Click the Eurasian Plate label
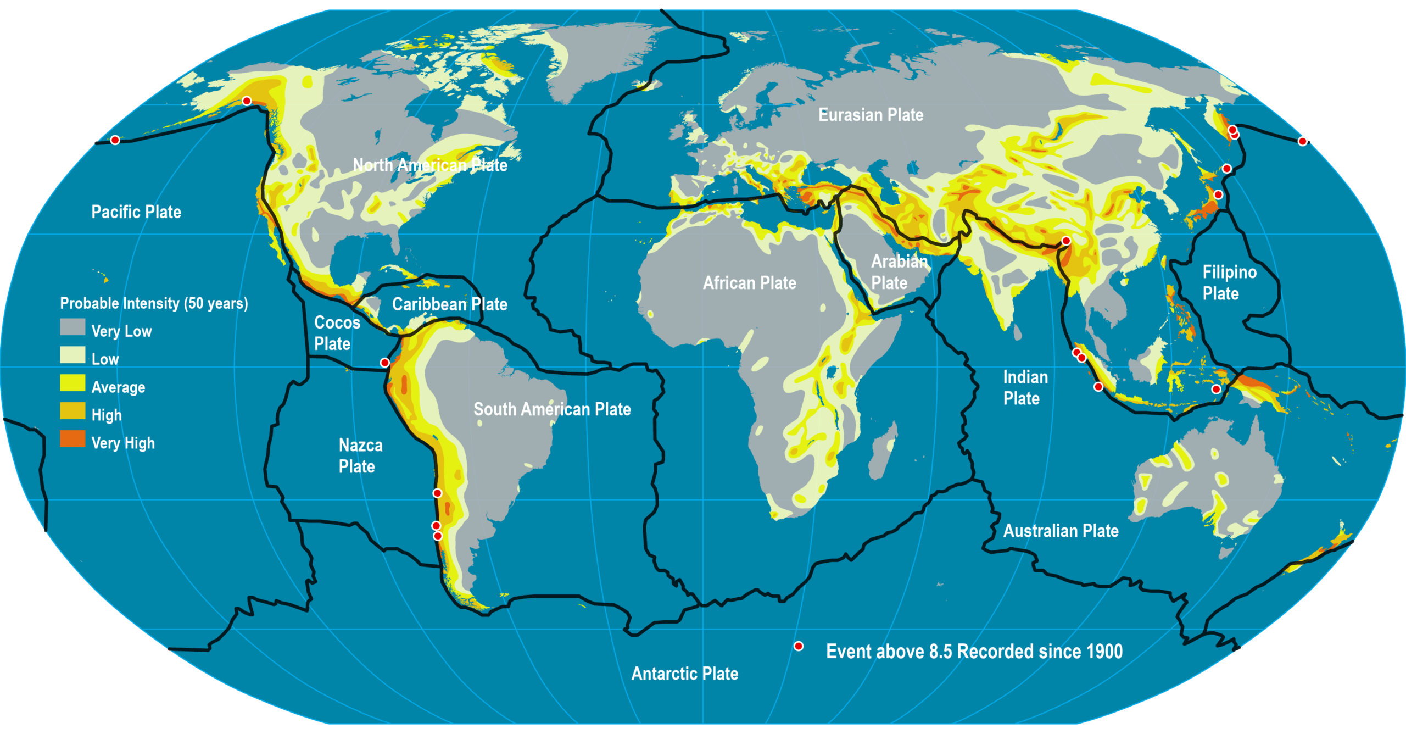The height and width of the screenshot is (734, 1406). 871,115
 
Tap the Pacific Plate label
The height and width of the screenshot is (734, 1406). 136,212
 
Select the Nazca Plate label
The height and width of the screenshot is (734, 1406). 360,455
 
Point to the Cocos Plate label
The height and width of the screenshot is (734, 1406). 336,333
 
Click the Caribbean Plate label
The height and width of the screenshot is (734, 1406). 449,304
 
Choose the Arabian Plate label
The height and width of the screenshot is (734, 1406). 899,272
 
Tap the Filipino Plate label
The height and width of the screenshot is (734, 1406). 1229,282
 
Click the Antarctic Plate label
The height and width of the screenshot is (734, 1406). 684,674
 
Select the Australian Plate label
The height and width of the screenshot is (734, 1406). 1061,531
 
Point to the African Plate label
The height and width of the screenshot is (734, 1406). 749,283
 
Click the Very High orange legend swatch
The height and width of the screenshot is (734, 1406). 72,439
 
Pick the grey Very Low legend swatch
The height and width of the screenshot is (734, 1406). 72,327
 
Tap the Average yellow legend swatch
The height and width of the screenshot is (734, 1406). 72,383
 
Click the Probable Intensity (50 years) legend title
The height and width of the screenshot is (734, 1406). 154,303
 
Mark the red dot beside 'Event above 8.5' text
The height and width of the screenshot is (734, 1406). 799,646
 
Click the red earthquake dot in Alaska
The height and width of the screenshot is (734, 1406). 247,101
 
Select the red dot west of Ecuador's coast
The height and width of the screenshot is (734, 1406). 385,363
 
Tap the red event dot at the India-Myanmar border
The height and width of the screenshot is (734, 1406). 1066,241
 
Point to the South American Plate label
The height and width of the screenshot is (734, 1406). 552,409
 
